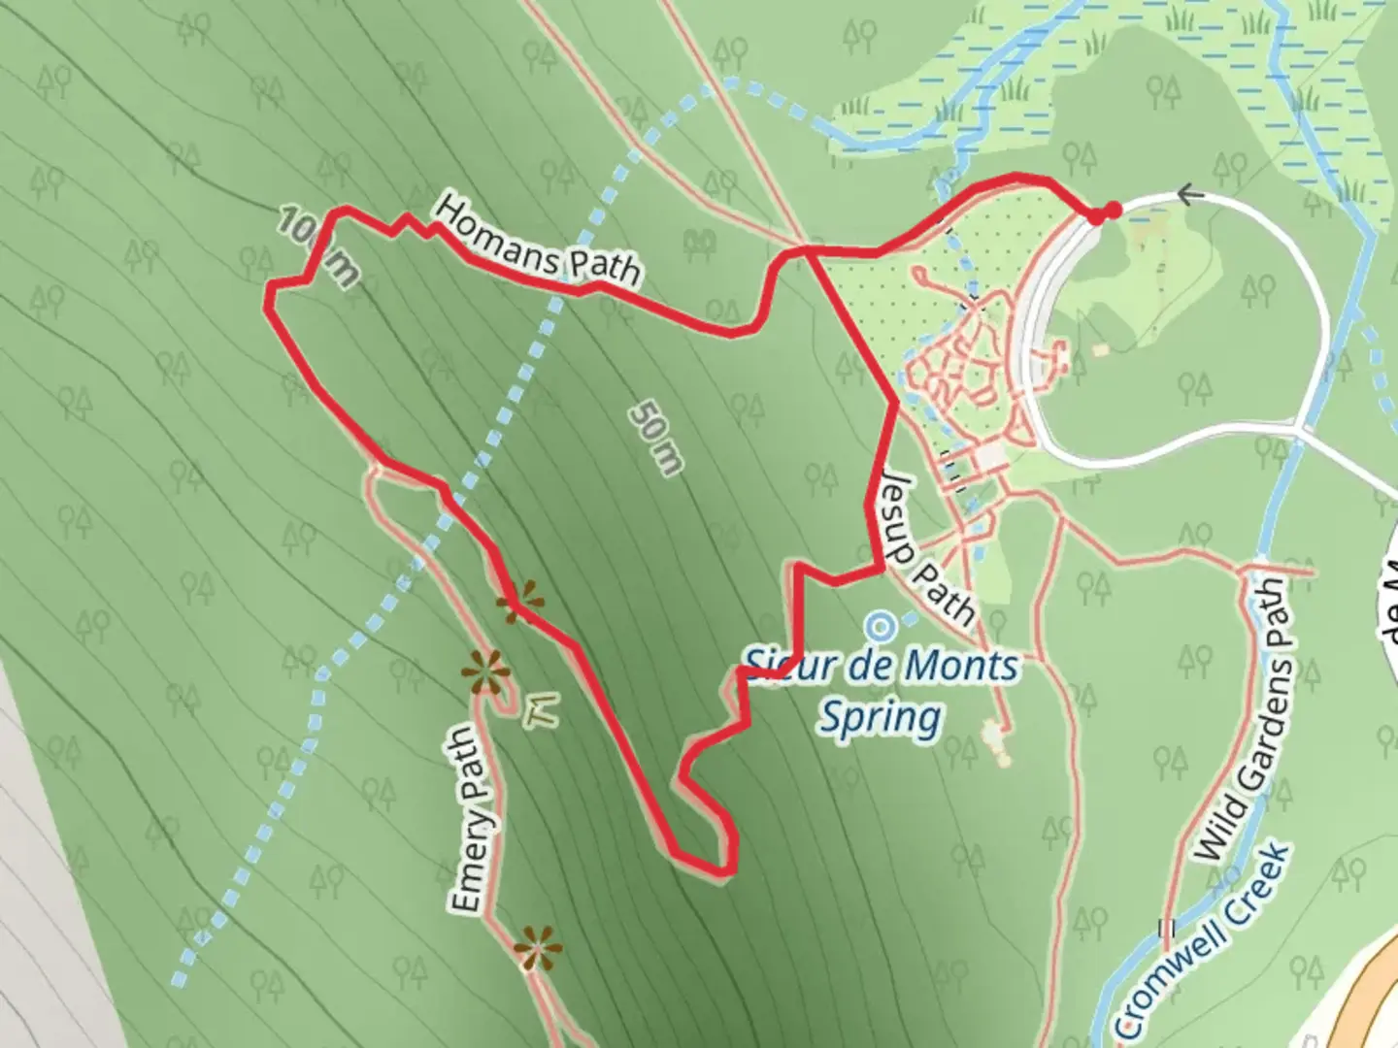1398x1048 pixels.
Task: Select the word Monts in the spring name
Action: click(961, 667)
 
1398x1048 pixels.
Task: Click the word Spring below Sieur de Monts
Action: click(880, 718)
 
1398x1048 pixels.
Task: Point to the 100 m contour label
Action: click(316, 247)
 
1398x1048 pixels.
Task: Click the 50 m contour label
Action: click(656, 439)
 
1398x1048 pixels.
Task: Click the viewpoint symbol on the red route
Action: click(519, 602)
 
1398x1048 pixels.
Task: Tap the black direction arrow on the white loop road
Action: click(1190, 195)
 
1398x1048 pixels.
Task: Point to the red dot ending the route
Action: click(1112, 210)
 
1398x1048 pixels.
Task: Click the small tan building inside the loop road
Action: click(1099, 348)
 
